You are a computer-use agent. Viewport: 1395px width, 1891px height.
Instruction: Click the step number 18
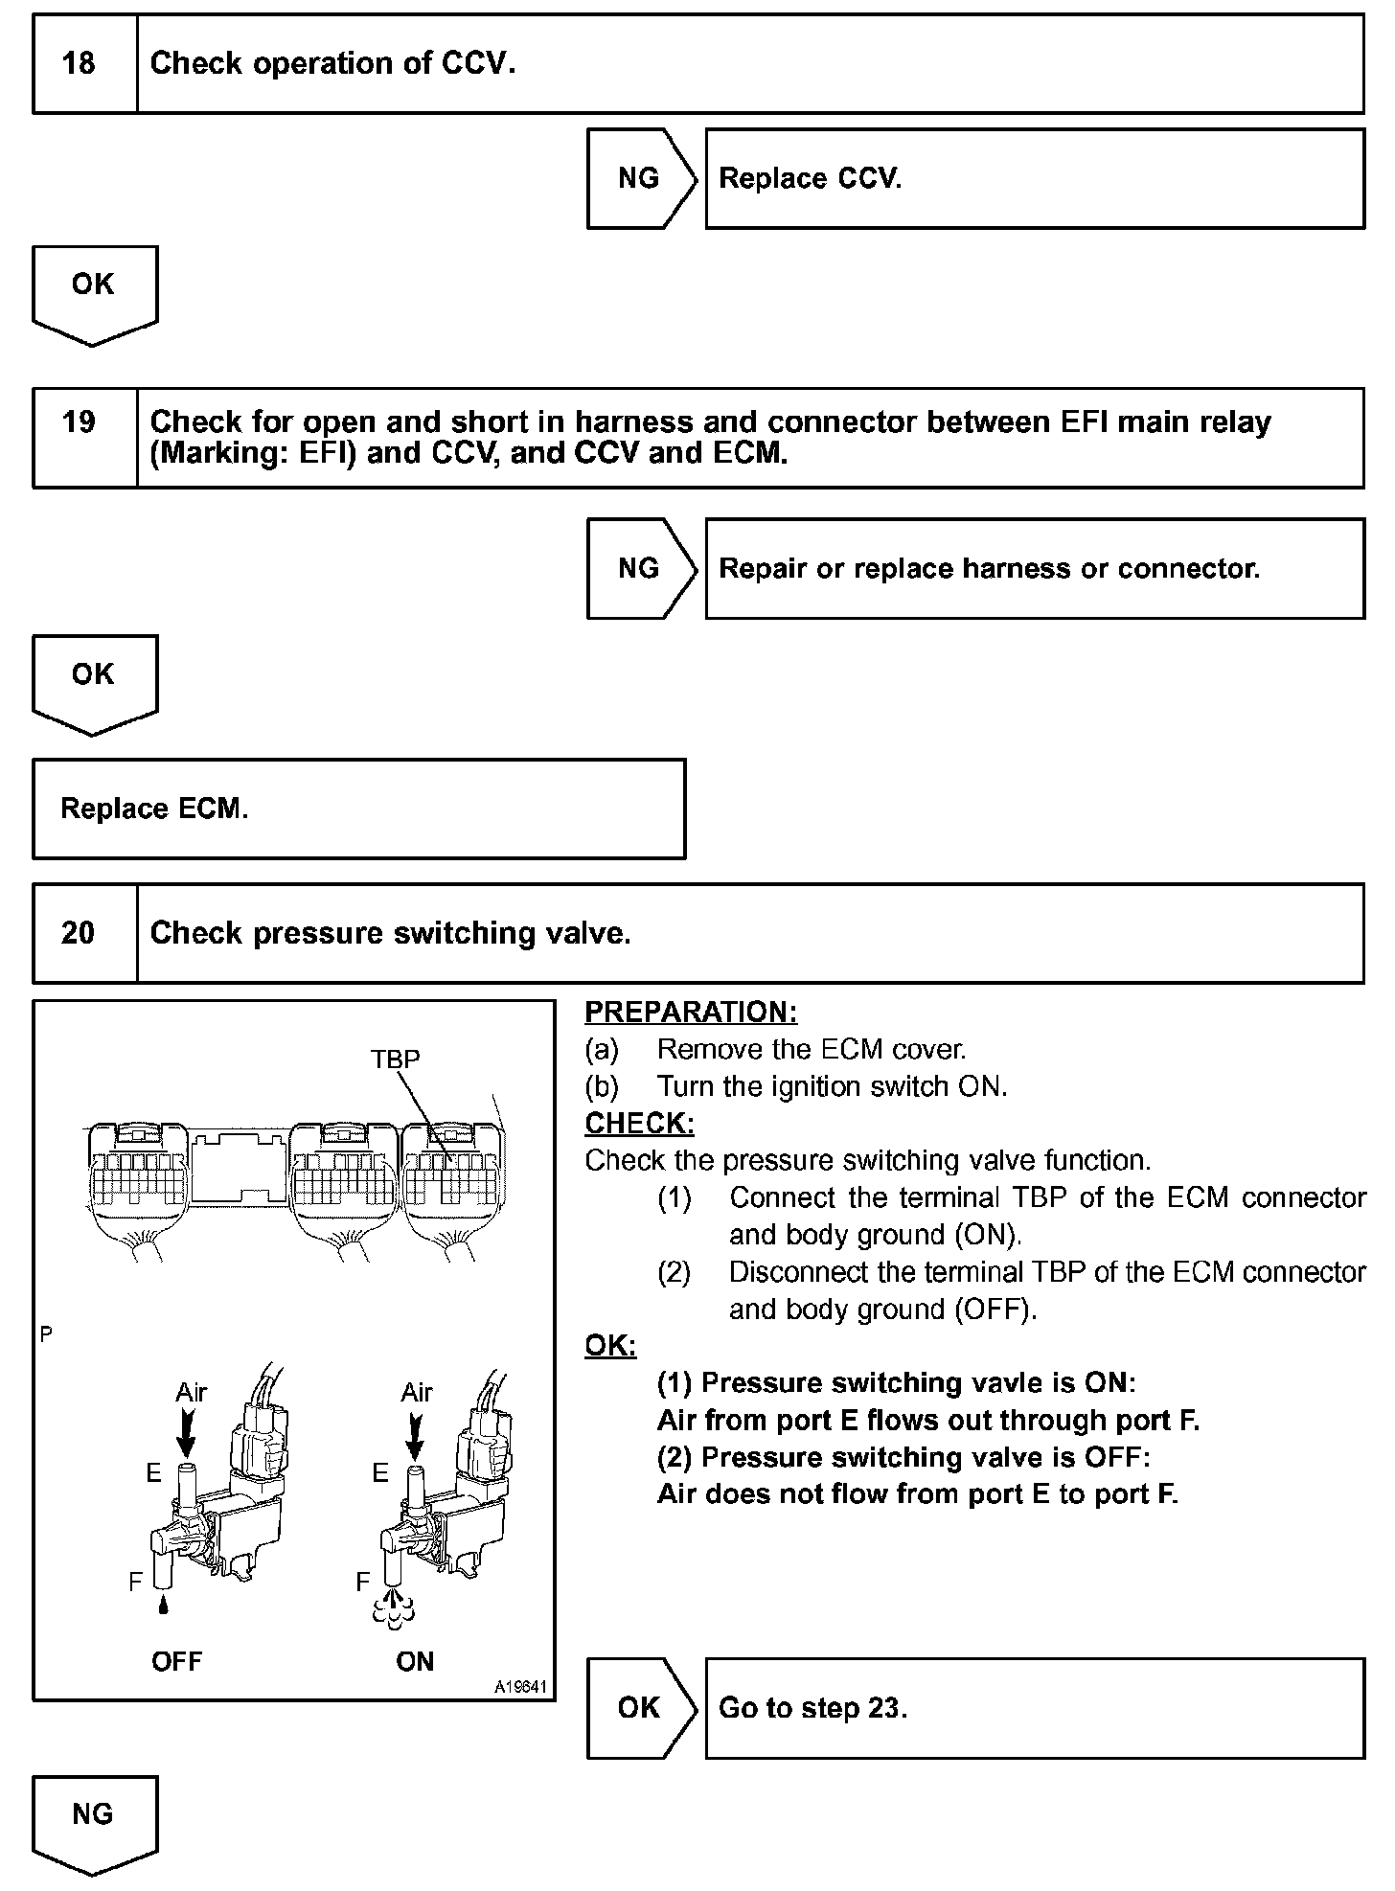point(79,63)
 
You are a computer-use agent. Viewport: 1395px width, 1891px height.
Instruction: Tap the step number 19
point(79,421)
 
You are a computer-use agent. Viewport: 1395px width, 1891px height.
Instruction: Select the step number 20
point(79,932)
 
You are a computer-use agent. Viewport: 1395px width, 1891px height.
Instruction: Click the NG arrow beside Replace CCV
point(639,178)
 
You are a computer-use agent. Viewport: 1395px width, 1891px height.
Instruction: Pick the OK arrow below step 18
point(93,285)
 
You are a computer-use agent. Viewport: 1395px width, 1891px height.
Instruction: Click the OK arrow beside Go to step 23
point(639,1707)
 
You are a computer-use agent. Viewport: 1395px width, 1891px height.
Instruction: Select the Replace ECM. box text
point(154,809)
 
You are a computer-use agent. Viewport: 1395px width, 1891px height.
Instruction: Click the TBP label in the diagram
point(395,1059)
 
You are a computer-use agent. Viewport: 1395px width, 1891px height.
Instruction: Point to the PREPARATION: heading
point(691,1013)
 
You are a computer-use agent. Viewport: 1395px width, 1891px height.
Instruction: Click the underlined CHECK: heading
point(639,1123)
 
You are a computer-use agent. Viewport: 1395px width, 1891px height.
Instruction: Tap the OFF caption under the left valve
point(177,1661)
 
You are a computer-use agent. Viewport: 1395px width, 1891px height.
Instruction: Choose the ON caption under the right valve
point(415,1661)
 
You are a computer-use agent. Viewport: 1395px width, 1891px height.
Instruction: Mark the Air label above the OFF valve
point(192,1392)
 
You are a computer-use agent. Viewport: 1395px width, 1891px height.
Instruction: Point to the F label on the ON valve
point(362,1582)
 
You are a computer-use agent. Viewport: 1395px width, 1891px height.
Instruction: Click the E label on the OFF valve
point(153,1472)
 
